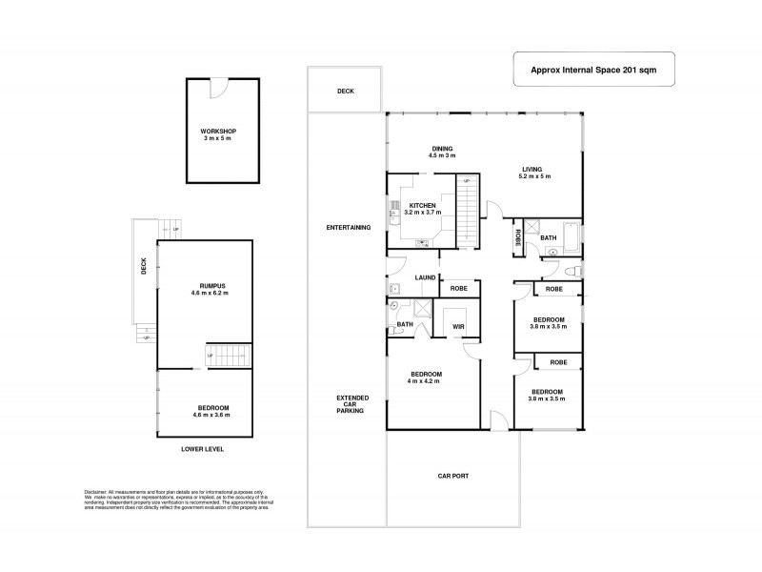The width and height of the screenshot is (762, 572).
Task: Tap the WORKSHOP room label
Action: point(217,134)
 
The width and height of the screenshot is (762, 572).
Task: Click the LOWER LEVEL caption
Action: point(204,448)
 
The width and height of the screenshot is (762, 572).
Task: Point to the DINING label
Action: point(441,152)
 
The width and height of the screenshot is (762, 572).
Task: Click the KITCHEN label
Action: point(423,209)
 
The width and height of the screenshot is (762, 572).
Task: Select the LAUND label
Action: point(425,277)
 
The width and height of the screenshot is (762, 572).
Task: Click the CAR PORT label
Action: point(453,475)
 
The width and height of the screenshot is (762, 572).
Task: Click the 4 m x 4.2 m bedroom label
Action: point(426,378)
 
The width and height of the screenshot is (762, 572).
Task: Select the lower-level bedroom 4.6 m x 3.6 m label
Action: point(206,411)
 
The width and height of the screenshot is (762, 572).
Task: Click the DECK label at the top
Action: point(345,92)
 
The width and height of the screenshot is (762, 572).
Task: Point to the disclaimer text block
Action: point(177,500)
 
